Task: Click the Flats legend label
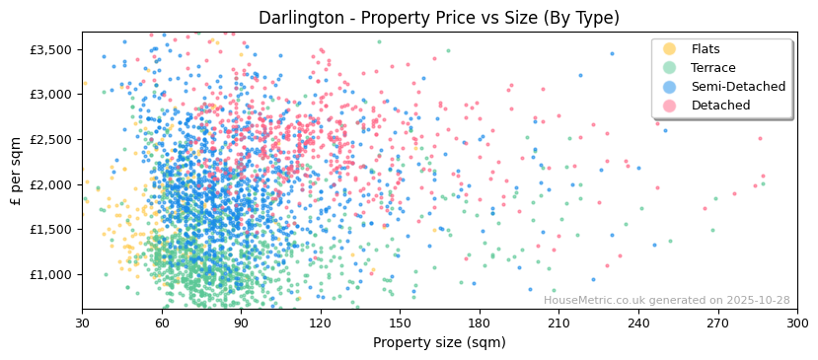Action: [x=705, y=49]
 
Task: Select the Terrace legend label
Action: [x=712, y=68]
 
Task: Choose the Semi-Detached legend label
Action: [x=738, y=87]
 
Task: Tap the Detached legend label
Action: [x=720, y=106]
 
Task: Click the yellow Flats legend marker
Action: [x=670, y=49]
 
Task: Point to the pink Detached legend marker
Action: [x=670, y=106]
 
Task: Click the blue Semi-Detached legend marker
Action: [x=670, y=87]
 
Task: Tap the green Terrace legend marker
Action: [x=670, y=68]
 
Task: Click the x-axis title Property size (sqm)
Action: [x=439, y=343]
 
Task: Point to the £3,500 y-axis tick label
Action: [x=50, y=49]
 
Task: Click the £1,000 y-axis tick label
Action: [x=50, y=274]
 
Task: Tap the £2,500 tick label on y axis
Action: [x=50, y=139]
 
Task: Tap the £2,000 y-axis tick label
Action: [x=50, y=184]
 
